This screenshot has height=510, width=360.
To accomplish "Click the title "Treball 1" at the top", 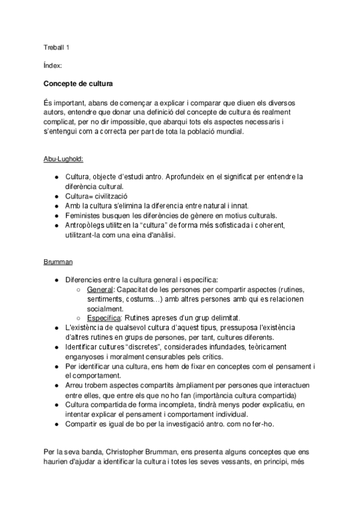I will (x=57, y=48).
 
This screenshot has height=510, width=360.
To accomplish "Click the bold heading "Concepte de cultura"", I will (x=78, y=82).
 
